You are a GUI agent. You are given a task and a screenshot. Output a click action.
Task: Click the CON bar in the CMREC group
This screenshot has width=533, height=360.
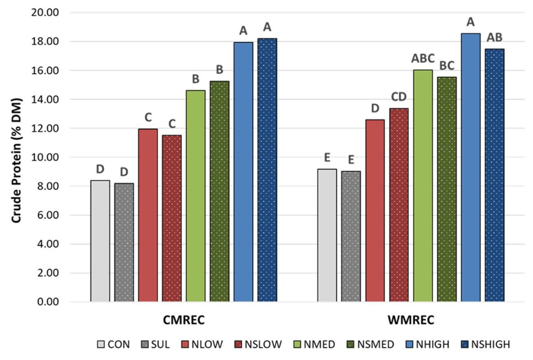(x=100, y=241)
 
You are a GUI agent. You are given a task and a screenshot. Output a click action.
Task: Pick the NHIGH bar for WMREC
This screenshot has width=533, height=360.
(x=471, y=168)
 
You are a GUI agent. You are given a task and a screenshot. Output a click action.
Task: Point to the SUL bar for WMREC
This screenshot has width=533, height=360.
(x=351, y=236)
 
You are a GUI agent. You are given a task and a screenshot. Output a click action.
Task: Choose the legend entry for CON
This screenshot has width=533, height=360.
(x=113, y=344)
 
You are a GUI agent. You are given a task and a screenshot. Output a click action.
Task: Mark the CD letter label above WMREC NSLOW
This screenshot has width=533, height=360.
(x=399, y=97)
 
